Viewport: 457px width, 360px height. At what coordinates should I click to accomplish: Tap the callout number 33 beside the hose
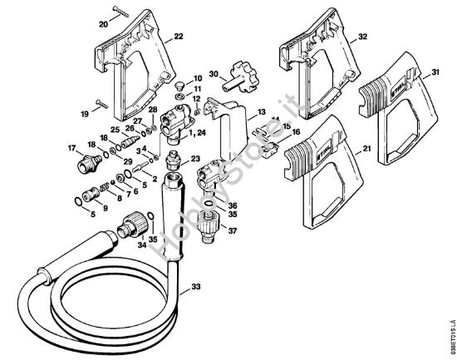click(195, 287)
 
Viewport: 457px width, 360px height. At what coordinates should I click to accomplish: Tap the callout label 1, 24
click(197, 133)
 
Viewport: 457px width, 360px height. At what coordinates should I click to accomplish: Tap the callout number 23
click(195, 159)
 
